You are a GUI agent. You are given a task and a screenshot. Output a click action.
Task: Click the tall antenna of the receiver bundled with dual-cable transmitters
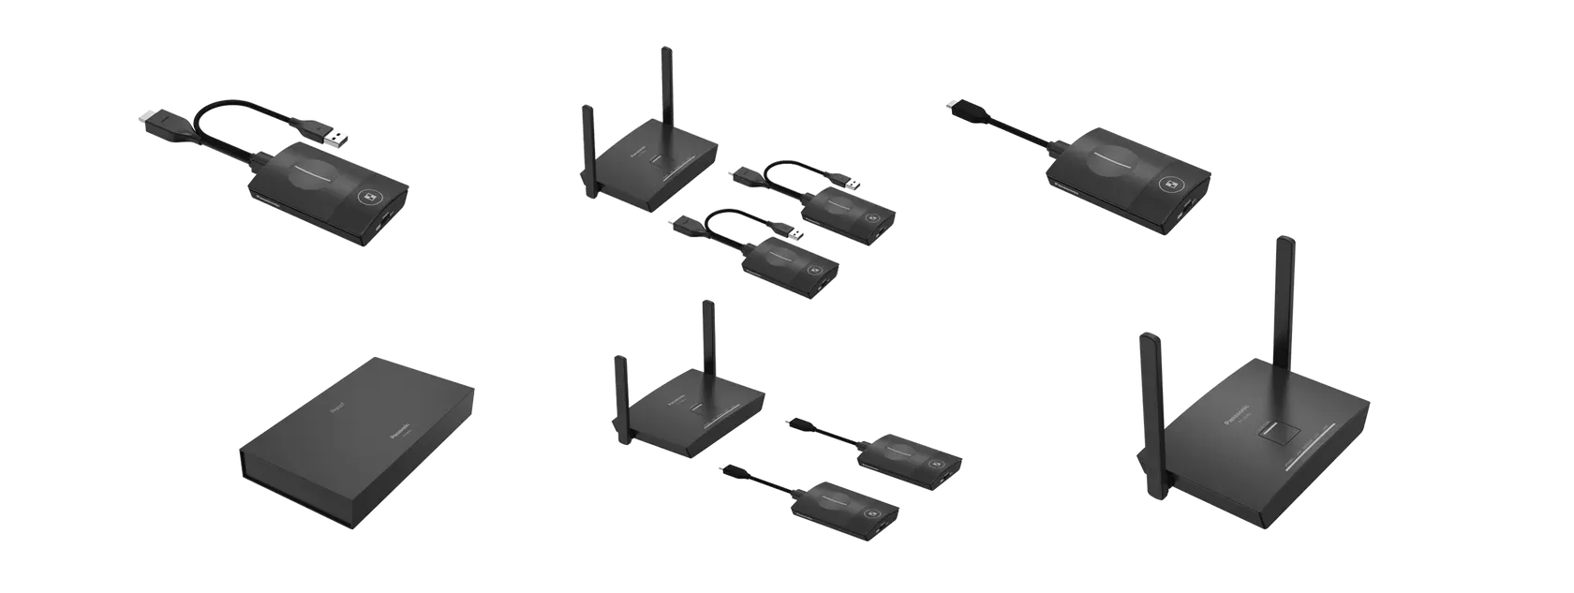667,84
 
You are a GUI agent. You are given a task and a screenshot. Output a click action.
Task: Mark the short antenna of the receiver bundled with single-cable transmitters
618,393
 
